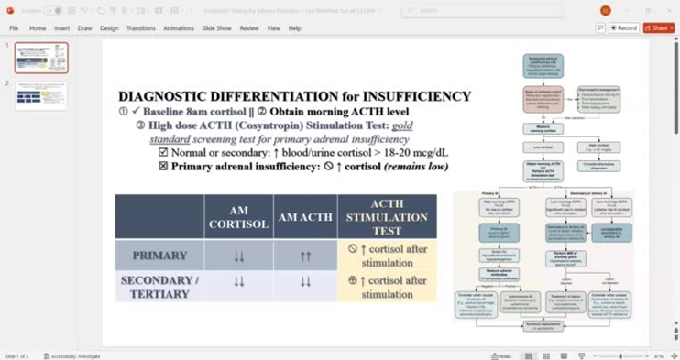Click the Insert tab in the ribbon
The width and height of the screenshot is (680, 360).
[61, 28]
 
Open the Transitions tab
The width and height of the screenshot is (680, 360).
[140, 28]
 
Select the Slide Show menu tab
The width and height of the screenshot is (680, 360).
[216, 28]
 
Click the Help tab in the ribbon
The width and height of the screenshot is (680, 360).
[294, 28]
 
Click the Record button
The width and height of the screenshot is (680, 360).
[624, 28]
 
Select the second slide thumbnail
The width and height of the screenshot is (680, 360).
[41, 96]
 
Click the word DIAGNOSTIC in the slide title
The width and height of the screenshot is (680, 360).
[159, 96]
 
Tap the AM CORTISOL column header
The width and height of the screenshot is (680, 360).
[238, 217]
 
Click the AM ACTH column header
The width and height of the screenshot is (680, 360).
[305, 217]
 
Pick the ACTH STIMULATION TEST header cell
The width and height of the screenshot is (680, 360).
[387, 217]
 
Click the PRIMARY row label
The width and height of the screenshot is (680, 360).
[159, 256]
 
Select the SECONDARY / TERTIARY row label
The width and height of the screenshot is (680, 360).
[159, 287]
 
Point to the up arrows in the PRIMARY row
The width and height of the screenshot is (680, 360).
[305, 256]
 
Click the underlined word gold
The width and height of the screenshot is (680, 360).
[402, 125]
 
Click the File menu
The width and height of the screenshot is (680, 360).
[14, 28]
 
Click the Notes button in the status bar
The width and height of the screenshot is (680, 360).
[501, 355]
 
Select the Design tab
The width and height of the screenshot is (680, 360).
[109, 28]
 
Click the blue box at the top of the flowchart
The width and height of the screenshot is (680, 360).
[543, 66]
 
